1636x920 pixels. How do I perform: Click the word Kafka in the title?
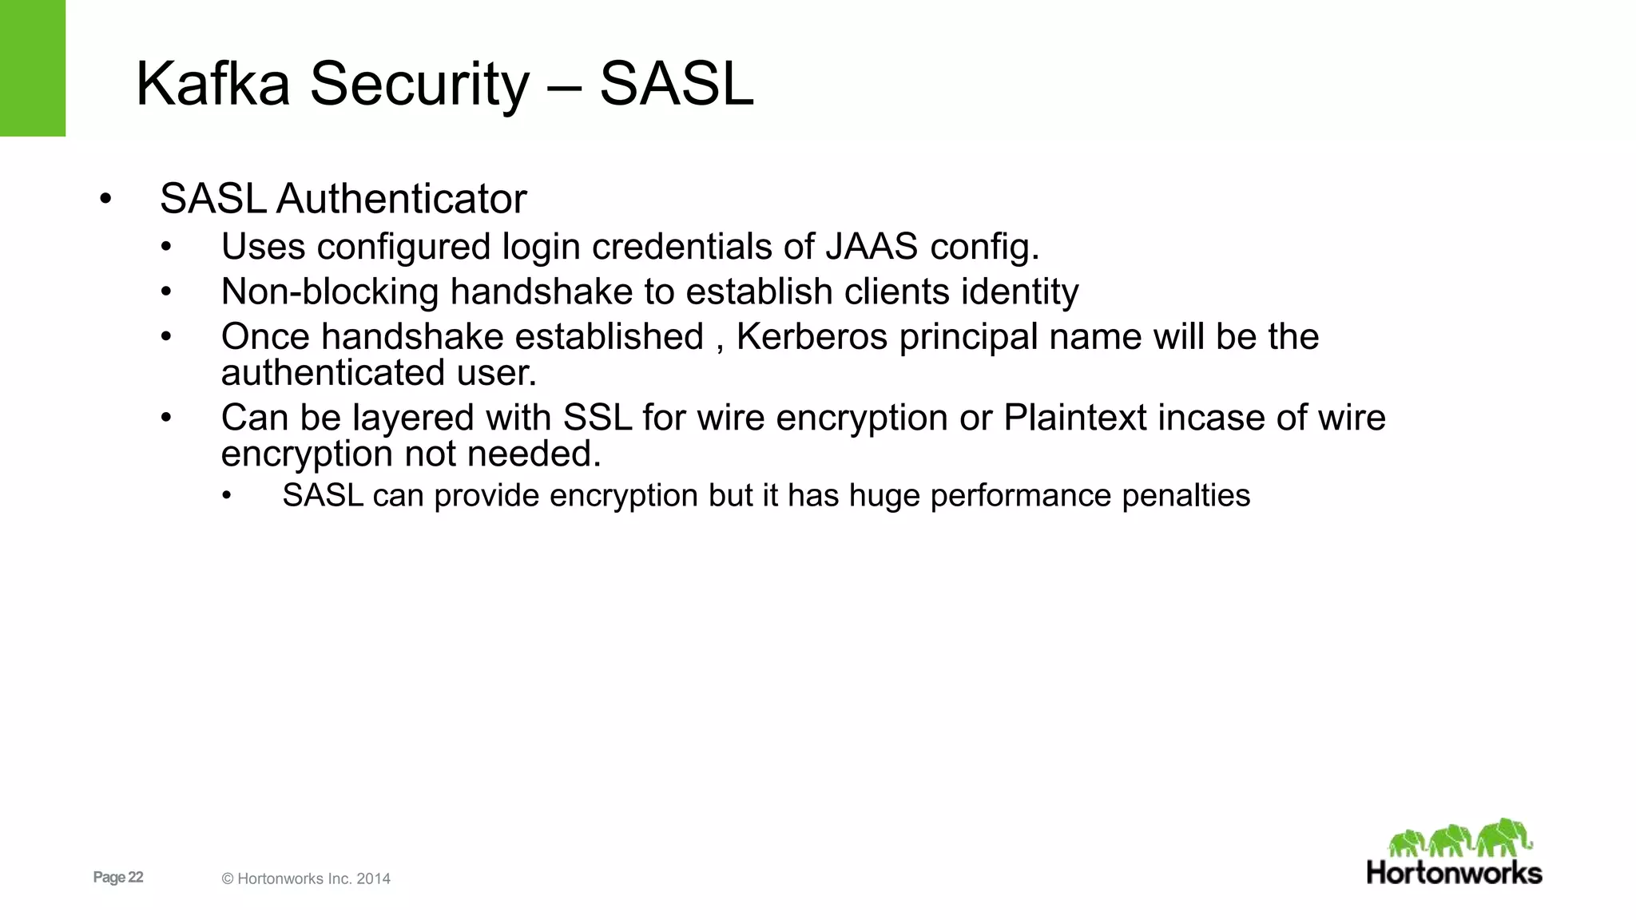click(212, 84)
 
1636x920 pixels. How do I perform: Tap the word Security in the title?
click(419, 84)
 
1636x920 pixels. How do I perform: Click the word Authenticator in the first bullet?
click(401, 199)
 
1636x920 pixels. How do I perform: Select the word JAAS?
click(872, 247)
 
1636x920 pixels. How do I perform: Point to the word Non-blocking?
click(329, 291)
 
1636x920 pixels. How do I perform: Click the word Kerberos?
click(812, 337)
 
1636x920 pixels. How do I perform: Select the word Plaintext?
click(1075, 418)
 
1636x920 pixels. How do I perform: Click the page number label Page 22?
click(118, 878)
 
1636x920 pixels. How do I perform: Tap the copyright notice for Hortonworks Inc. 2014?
click(306, 879)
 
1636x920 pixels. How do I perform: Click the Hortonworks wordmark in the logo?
click(1454, 873)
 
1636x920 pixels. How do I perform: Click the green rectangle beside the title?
click(32, 68)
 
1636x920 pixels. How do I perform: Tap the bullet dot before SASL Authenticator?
click(105, 199)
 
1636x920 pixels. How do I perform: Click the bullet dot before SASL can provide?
click(227, 497)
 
